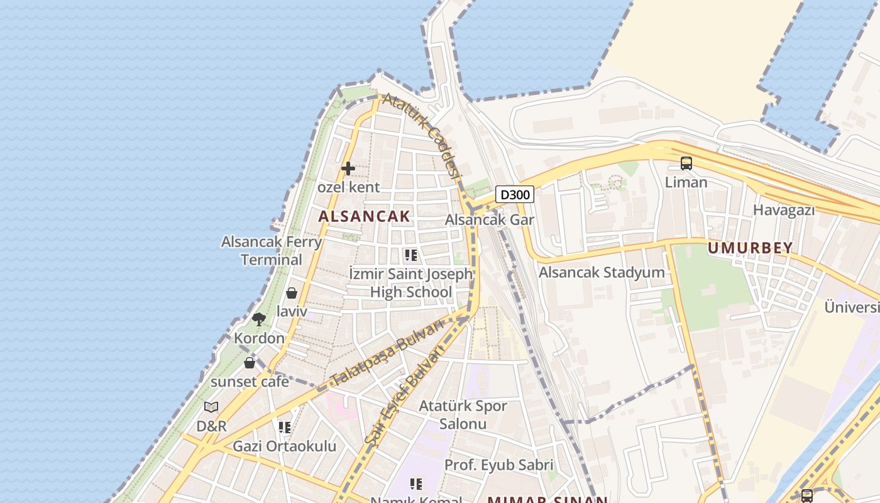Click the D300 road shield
pyautogui.click(x=515, y=194)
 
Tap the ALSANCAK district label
pyautogui.click(x=364, y=216)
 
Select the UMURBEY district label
pyautogui.click(x=750, y=248)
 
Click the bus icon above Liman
pyautogui.click(x=686, y=163)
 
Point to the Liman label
pyautogui.click(x=686, y=182)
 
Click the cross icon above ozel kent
pyautogui.click(x=348, y=169)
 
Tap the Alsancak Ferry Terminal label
pyautogui.click(x=272, y=250)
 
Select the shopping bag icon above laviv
pyautogui.click(x=292, y=293)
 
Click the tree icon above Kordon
pyautogui.click(x=258, y=319)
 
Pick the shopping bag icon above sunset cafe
pyautogui.click(x=250, y=363)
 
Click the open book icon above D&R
pyautogui.click(x=211, y=407)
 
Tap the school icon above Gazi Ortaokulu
pyautogui.click(x=285, y=428)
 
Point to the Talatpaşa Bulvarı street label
pyautogui.click(x=387, y=352)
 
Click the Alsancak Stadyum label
pyautogui.click(x=602, y=272)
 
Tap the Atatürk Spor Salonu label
pyautogui.click(x=463, y=414)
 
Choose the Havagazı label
pyautogui.click(x=784, y=210)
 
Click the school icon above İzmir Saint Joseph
pyautogui.click(x=411, y=255)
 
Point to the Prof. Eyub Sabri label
pyautogui.click(x=499, y=465)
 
